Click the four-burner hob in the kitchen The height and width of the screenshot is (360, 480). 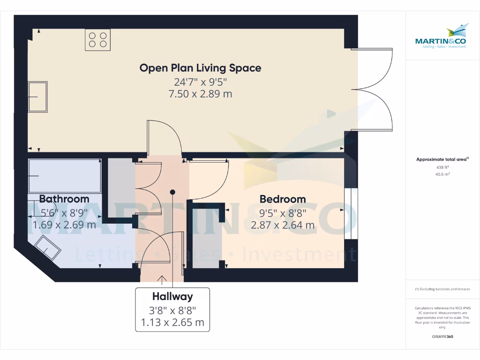(97, 39)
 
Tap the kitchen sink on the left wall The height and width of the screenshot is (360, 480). (37, 97)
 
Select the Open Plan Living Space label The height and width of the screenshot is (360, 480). (200, 68)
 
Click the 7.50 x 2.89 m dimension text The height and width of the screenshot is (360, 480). (200, 94)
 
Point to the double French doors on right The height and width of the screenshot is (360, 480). (375, 89)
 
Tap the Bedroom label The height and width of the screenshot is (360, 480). (283, 199)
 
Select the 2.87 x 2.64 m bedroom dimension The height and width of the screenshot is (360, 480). (283, 225)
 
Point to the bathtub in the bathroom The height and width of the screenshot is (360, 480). (65, 176)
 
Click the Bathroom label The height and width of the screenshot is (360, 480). (64, 199)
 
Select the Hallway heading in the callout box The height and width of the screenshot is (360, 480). (172, 297)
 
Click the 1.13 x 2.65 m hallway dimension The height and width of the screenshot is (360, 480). (172, 322)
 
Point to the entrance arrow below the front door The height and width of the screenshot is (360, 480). (162, 280)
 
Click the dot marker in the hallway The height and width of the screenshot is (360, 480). (172, 192)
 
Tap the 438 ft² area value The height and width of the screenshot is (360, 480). (442, 167)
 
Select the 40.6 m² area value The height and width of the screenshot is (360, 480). (442, 174)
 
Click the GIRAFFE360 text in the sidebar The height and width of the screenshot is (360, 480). (442, 337)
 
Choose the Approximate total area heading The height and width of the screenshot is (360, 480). (442, 159)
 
